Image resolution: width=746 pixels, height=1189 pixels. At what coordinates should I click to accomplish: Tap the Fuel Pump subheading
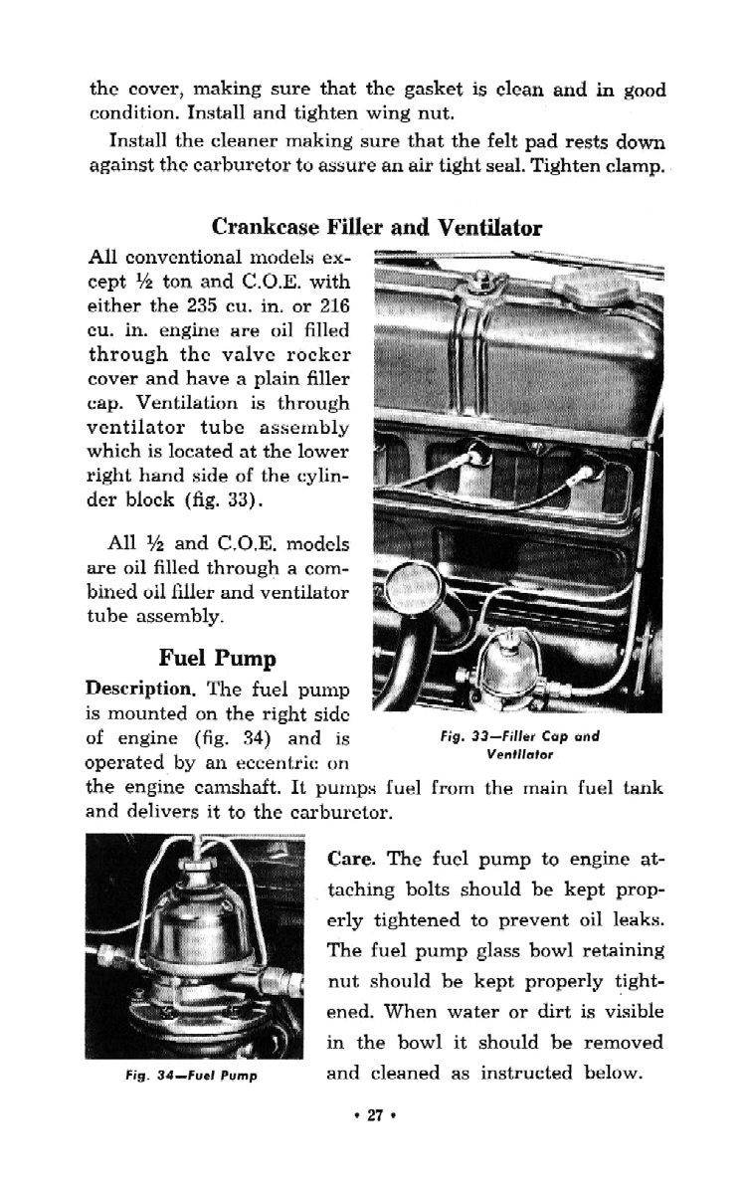tap(217, 658)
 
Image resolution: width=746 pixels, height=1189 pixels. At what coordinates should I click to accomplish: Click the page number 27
tap(374, 1142)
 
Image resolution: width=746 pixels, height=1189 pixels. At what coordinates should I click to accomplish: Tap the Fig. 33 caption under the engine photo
tap(519, 745)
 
